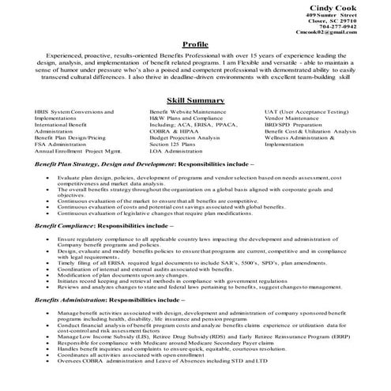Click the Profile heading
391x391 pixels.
point(195,44)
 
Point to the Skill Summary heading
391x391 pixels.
point(195,101)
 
